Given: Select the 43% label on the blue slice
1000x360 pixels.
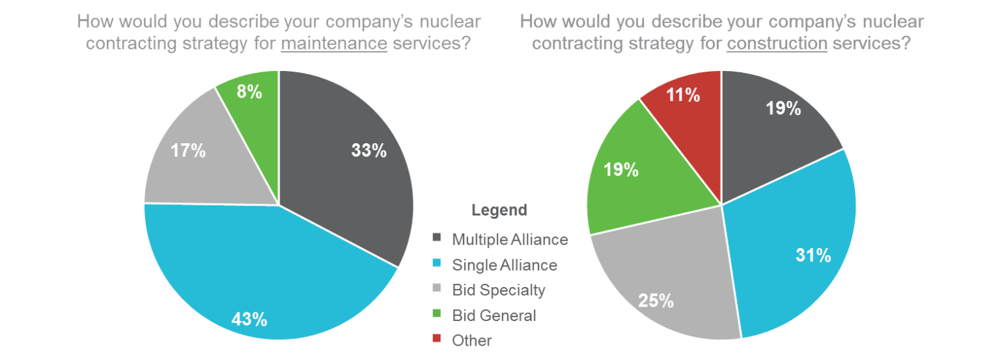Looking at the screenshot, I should (x=249, y=319).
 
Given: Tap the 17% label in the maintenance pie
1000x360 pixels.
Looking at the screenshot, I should (x=188, y=152).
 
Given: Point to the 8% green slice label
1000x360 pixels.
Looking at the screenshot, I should (x=249, y=92).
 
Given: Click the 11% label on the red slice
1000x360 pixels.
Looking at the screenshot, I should (x=684, y=95).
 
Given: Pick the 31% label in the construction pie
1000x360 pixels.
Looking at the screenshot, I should (x=813, y=255).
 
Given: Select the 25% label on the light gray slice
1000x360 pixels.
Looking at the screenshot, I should (x=656, y=301).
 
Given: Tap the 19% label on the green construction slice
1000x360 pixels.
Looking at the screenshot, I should (x=620, y=170).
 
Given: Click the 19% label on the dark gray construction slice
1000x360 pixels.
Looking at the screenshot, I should (x=783, y=108).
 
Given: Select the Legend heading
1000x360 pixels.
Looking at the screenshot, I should (x=499, y=210).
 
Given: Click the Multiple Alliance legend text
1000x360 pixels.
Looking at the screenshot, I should (x=510, y=240).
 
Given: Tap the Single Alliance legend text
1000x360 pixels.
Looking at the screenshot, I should (x=505, y=265).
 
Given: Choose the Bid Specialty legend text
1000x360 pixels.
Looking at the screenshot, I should (x=498, y=290).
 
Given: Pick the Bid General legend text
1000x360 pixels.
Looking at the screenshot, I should (x=494, y=316).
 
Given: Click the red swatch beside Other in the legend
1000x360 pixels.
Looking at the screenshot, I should (x=437, y=340).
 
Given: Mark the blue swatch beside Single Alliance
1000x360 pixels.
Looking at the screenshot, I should (x=437, y=264).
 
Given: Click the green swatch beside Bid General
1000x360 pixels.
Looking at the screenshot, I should (x=437, y=315).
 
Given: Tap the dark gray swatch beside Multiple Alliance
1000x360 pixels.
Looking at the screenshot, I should (x=437, y=239).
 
